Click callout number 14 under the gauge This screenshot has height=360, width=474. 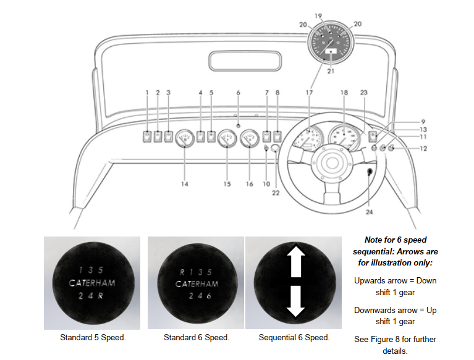(x=184, y=183)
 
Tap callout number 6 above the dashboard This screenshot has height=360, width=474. (x=238, y=93)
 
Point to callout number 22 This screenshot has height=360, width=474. (x=276, y=193)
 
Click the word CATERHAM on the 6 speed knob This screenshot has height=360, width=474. (x=197, y=284)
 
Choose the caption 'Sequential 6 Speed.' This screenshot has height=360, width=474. (x=295, y=338)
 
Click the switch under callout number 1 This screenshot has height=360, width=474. (x=147, y=136)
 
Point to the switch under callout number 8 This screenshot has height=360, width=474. (x=277, y=136)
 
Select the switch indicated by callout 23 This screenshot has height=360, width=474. (x=373, y=136)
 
